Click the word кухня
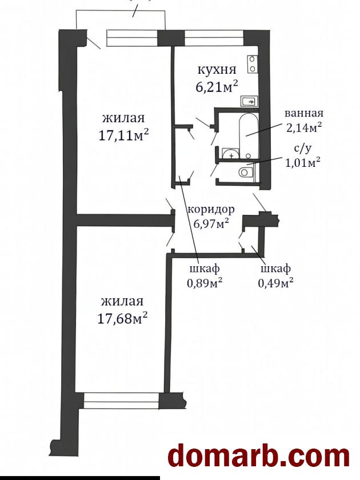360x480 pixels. [x=217, y=70]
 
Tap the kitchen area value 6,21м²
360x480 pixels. [x=217, y=87]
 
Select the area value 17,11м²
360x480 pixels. [x=123, y=135]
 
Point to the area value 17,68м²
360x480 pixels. [x=122, y=318]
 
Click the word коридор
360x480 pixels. [x=211, y=210]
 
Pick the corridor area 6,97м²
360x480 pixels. [x=211, y=223]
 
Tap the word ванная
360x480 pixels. [x=304, y=113]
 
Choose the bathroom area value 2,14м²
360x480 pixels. [x=303, y=127]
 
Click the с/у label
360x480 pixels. [x=303, y=149]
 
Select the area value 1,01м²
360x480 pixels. [x=303, y=162]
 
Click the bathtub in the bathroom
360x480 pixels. [x=248, y=136]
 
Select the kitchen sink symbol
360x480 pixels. [x=249, y=101]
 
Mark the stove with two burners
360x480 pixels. [x=252, y=64]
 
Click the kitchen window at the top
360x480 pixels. [x=214, y=38]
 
